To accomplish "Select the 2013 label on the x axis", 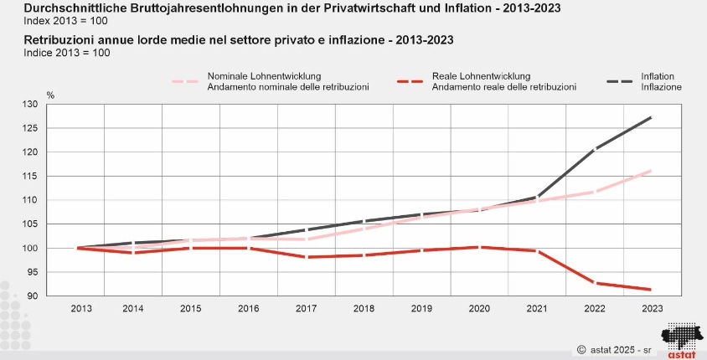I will [x=81, y=309].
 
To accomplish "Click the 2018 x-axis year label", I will [x=364, y=309].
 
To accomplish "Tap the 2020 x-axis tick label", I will [x=479, y=309].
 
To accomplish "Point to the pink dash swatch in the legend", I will [x=185, y=81].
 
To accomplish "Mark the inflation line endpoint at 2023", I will [x=651, y=117].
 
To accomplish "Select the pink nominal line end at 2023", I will [x=651, y=171].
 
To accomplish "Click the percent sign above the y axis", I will [x=50, y=95].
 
